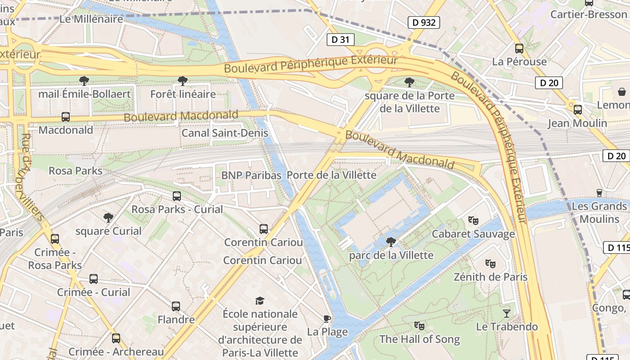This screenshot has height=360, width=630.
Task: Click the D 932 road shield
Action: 423,22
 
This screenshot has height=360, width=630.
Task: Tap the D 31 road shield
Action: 340,40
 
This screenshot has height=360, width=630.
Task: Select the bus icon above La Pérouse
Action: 519,49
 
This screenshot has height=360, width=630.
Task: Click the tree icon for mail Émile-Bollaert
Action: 84,81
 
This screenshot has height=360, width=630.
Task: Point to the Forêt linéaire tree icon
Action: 183,81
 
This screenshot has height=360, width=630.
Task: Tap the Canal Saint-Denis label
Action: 225,133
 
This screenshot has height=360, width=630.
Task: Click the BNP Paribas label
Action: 251,175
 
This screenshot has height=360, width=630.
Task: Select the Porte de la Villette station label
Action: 331,175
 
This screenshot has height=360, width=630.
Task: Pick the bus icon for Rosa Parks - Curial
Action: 177,196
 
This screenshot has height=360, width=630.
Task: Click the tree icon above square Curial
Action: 108,218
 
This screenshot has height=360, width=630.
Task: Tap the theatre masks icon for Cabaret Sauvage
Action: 473,220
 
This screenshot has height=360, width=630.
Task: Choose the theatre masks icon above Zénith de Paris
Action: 490,263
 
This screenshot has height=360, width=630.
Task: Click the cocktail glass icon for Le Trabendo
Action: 507,313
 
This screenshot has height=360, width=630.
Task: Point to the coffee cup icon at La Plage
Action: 327,319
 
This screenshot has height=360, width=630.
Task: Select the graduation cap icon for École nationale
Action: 260,301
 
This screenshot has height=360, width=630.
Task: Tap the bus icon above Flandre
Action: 176,306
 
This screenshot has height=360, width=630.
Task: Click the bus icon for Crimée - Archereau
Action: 116,338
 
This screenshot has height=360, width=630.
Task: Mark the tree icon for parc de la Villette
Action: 391,242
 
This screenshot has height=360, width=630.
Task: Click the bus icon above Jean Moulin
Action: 577,110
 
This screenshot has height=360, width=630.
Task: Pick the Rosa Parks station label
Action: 76,171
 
